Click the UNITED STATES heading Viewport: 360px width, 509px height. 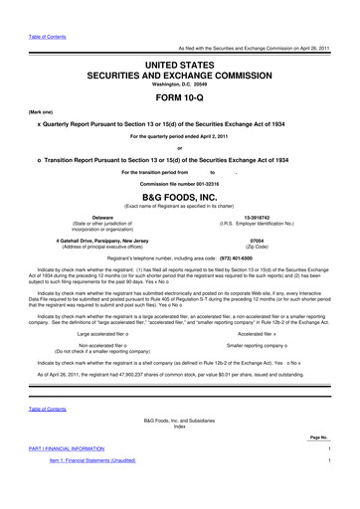179,65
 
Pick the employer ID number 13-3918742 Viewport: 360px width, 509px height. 258,215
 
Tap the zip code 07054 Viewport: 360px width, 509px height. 258,239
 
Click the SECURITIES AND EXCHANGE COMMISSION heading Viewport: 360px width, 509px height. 179,76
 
